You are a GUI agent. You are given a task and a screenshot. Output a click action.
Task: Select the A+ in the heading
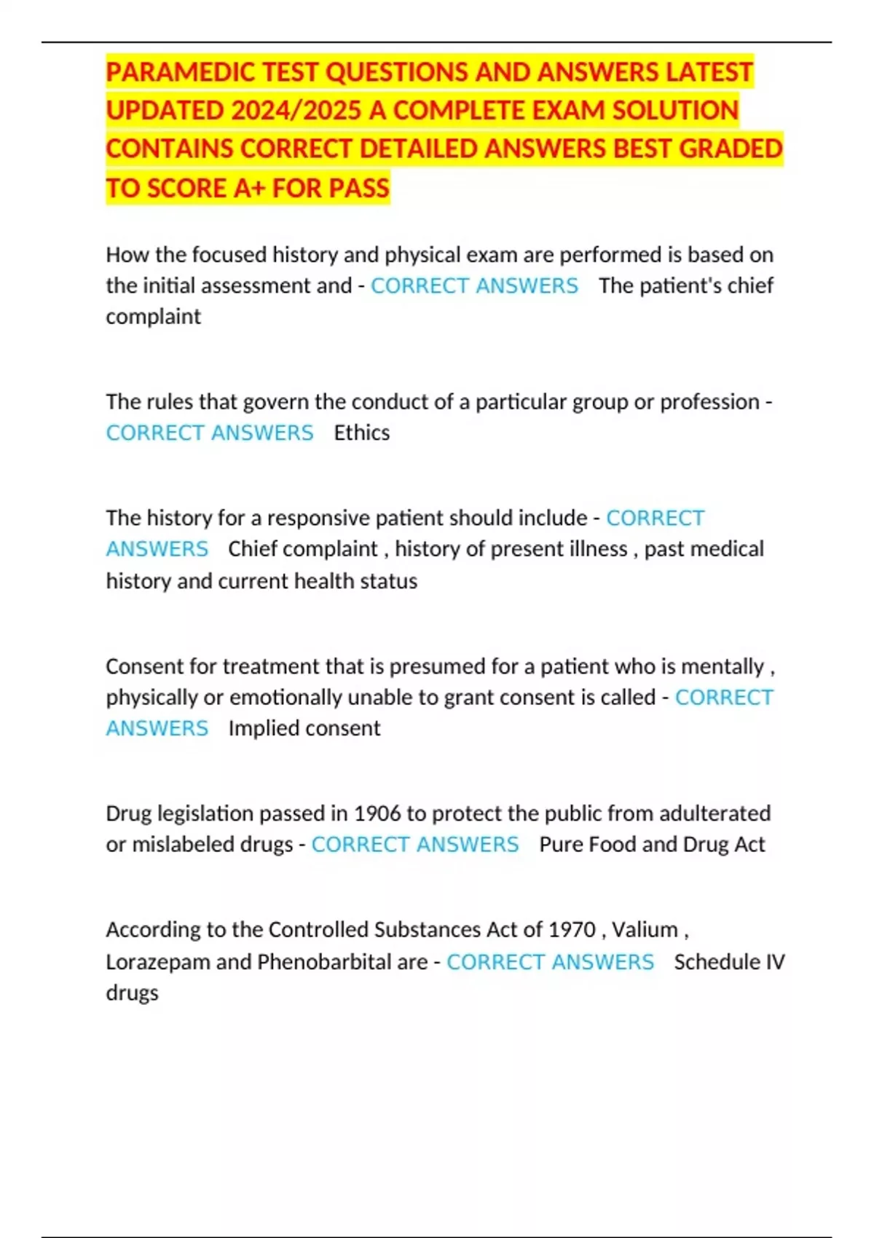(249, 188)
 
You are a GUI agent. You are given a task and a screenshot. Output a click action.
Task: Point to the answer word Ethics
(362, 433)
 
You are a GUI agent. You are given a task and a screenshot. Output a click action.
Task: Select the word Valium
(645, 929)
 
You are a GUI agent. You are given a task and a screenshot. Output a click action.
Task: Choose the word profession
(709, 401)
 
